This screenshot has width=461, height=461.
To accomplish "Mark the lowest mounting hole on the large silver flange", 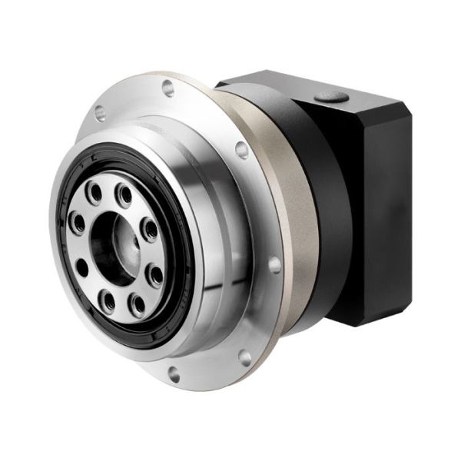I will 172,374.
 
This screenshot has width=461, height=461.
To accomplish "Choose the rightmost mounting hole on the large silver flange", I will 274,266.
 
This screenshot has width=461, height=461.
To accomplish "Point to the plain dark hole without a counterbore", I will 84,265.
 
